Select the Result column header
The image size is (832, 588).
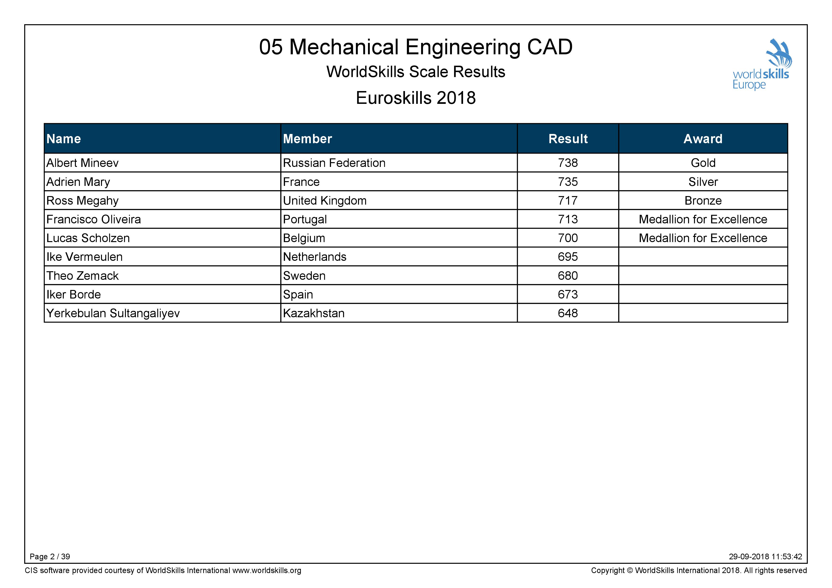point(568,139)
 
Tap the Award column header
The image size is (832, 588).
point(703,139)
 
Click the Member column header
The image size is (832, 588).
point(307,139)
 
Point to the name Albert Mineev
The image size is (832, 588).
point(82,163)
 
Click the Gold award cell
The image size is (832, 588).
point(703,163)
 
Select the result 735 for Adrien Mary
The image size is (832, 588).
point(568,182)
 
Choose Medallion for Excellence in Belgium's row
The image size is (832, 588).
point(703,238)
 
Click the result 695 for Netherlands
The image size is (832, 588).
point(568,257)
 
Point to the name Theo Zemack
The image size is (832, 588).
point(82,276)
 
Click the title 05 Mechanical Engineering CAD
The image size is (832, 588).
point(416,47)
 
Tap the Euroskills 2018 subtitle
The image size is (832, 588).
point(416,98)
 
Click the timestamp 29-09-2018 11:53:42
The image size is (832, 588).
point(765,556)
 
